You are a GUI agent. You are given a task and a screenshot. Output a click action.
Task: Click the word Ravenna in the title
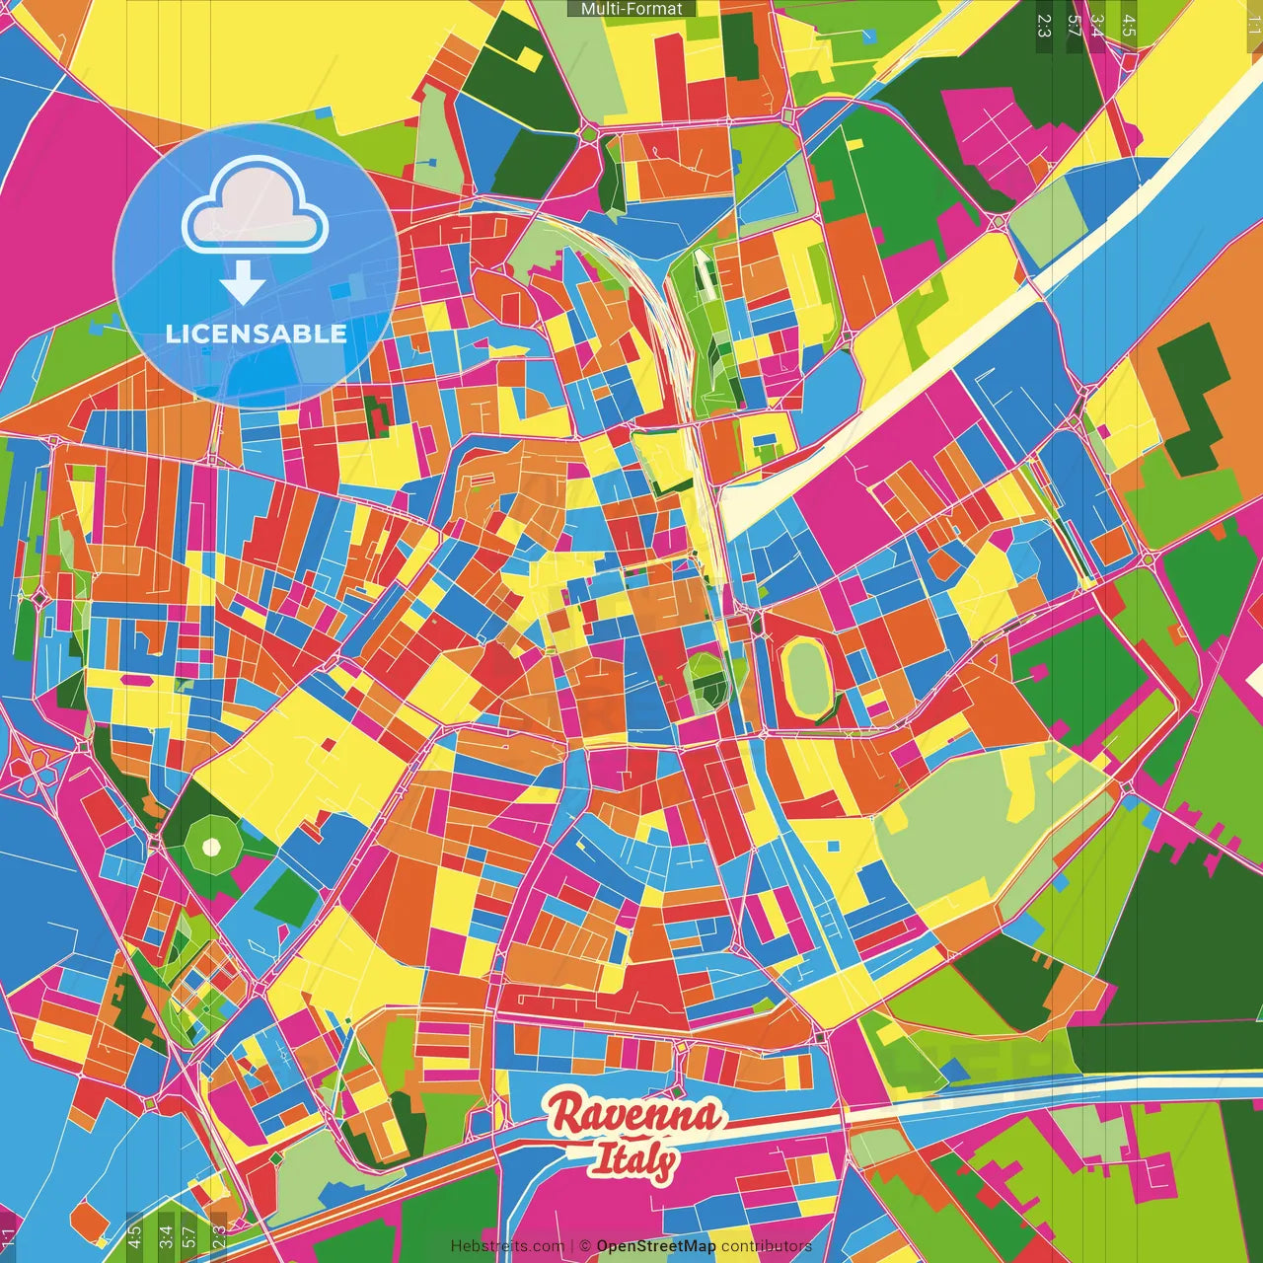click(634, 1115)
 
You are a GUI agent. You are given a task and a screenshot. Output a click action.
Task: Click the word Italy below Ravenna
click(634, 1160)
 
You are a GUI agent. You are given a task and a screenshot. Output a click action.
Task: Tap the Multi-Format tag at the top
click(631, 9)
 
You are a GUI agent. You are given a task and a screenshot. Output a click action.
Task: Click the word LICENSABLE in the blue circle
click(257, 334)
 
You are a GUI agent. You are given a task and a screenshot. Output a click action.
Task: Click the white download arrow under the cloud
click(243, 284)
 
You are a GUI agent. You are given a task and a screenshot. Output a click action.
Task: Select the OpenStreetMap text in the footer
click(656, 1246)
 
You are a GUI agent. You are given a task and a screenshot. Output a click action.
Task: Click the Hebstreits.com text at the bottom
click(507, 1246)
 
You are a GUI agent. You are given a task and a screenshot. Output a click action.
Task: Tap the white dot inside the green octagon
click(210, 847)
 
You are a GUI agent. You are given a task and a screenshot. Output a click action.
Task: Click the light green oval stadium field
click(808, 677)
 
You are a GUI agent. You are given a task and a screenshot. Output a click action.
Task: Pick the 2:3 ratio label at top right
click(1044, 26)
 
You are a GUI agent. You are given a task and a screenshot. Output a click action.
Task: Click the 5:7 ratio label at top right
click(1074, 26)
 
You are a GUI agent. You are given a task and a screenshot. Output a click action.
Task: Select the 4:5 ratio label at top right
click(1129, 26)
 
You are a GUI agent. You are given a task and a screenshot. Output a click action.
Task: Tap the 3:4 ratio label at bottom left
click(165, 1235)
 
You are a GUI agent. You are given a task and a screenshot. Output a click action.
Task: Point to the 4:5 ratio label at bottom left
click(134, 1235)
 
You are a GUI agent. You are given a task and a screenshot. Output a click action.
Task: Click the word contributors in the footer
click(766, 1246)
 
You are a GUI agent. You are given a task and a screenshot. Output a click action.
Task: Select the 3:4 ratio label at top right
click(1097, 26)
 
